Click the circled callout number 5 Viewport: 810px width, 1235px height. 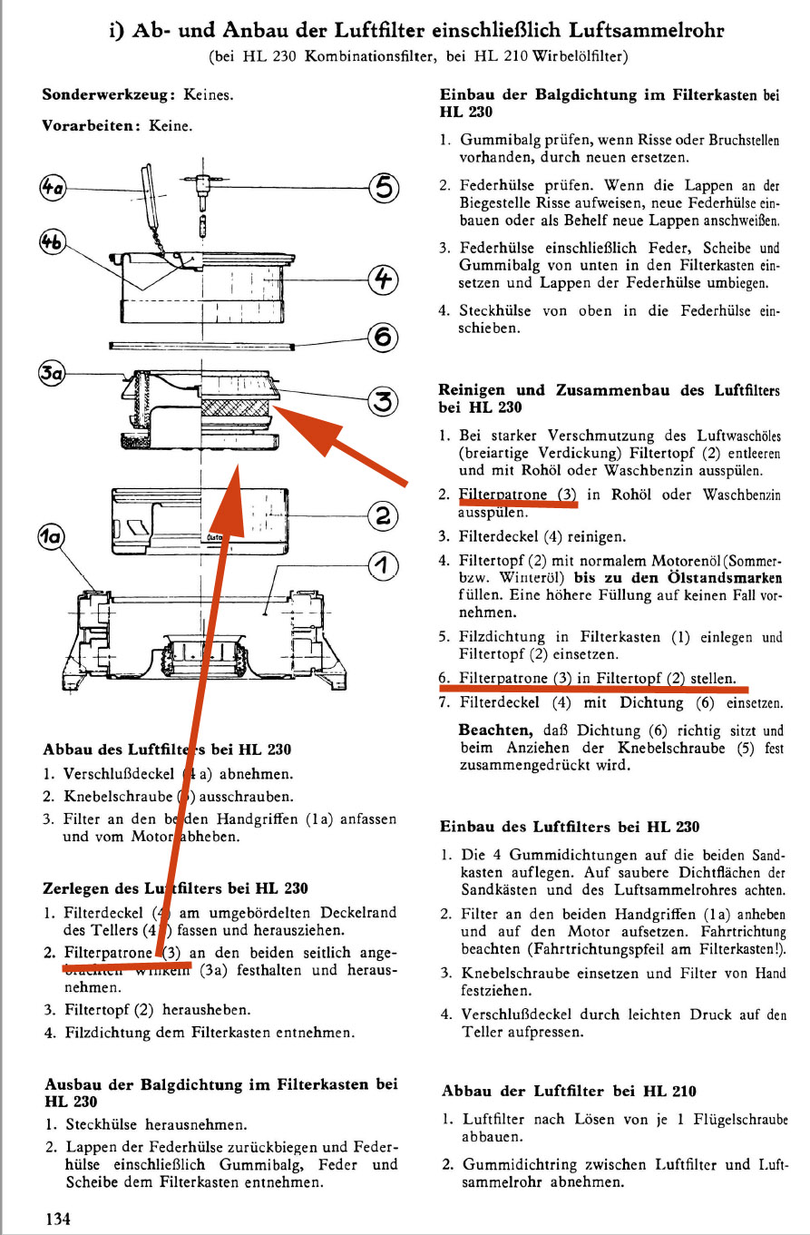pos(384,188)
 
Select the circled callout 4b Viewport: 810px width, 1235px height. pos(54,242)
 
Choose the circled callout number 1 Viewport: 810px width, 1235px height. pos(383,565)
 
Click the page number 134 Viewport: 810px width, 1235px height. pos(59,1219)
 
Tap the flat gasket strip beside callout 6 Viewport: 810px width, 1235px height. pos(200,346)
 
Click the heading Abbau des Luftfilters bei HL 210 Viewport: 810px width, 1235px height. pos(569,1091)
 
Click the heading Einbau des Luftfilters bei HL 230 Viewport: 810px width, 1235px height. pos(570,827)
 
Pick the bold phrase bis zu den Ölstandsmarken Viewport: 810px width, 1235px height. pos(677,577)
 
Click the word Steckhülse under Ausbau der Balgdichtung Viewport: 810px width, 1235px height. pos(100,1123)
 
